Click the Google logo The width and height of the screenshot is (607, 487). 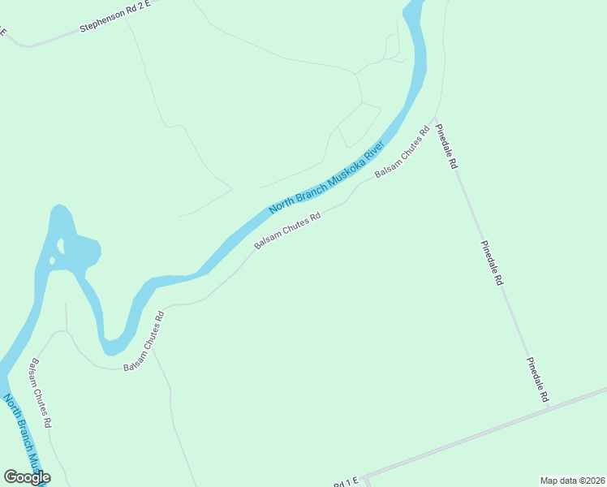27,477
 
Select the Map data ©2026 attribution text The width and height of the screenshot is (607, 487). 572,480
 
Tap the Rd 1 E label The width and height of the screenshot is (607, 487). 345,483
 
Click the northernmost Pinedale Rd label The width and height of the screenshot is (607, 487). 446,147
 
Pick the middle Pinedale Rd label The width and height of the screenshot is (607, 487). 493,263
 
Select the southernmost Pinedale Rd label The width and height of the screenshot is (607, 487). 538,380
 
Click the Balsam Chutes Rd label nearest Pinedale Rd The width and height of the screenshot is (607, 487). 401,152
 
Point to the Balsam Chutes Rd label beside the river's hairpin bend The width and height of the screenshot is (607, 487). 144,342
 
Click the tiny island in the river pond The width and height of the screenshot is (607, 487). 52,261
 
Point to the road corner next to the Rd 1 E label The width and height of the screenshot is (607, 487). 364,476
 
